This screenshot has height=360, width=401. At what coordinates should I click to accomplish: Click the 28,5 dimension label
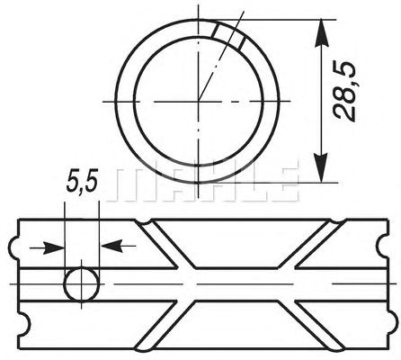pos(344,92)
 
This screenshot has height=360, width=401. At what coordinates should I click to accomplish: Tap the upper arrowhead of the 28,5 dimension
pos(322,33)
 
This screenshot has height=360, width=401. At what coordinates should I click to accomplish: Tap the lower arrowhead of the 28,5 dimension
pos(322,167)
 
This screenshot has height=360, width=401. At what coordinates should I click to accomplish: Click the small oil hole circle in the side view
pos(82,283)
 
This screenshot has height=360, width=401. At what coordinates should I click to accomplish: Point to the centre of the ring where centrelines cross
pos(198,101)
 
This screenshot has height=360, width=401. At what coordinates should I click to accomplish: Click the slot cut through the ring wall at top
pos(229,36)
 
